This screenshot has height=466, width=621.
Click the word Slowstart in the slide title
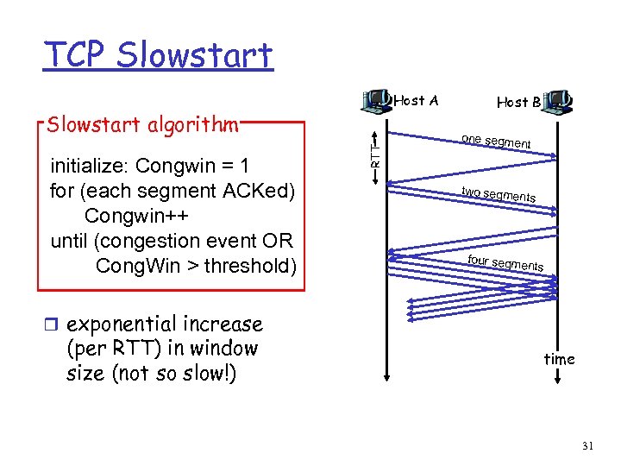[x=195, y=54]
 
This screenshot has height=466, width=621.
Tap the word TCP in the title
[x=77, y=54]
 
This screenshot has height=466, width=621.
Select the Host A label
[x=416, y=101]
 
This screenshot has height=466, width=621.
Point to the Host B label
[x=518, y=102]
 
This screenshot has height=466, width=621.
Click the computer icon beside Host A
[x=377, y=102]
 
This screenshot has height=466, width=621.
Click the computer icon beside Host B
[x=561, y=102]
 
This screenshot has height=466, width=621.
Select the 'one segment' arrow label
[x=496, y=142]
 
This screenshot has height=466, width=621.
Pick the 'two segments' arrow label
[x=498, y=194]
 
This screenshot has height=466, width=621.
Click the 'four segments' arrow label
[x=505, y=262]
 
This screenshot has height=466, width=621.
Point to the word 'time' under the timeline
[x=559, y=359]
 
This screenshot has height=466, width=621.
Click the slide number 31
[x=588, y=446]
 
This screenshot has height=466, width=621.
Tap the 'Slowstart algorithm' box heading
[x=142, y=125]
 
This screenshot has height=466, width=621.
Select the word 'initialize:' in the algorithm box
[x=90, y=165]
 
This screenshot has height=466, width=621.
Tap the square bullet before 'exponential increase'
[x=55, y=325]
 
